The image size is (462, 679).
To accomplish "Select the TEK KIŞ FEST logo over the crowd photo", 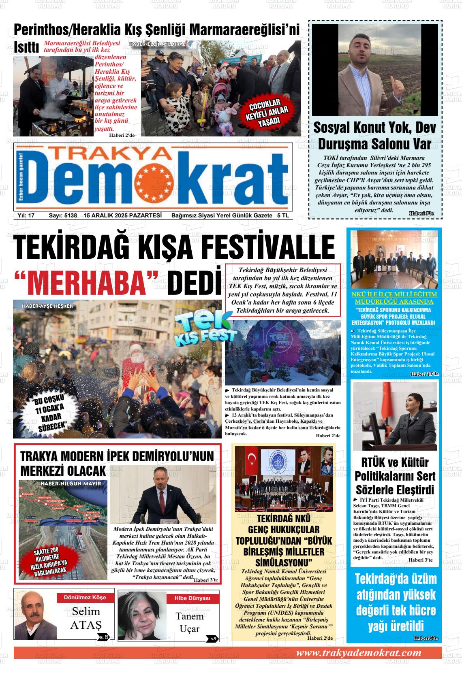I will click(205, 330).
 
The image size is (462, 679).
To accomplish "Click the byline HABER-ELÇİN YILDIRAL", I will click(157, 44).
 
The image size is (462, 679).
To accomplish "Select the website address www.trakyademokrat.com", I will click(359, 653).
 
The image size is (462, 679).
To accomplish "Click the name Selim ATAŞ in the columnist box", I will click(86, 618).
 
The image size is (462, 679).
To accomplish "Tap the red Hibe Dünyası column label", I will click(192, 598).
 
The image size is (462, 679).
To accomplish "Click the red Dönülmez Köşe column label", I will click(84, 597).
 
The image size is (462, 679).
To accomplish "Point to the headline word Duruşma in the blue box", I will click(345, 144).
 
